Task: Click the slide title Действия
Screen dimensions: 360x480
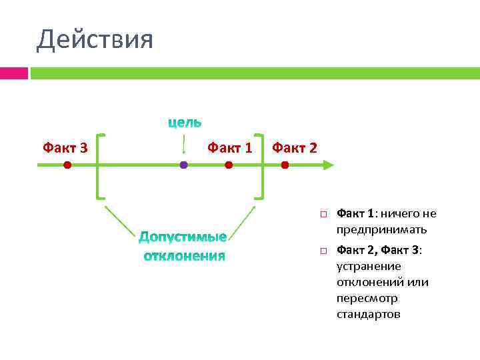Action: click(x=95, y=39)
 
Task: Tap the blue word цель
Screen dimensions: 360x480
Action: click(x=185, y=122)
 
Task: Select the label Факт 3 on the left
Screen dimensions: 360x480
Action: click(x=65, y=147)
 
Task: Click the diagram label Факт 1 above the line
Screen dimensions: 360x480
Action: click(x=230, y=147)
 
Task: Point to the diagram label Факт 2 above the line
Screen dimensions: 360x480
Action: click(x=295, y=147)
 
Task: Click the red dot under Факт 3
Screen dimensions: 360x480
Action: click(x=67, y=165)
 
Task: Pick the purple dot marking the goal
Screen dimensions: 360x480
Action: click(x=183, y=165)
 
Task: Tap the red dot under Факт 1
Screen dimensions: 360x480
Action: click(x=229, y=165)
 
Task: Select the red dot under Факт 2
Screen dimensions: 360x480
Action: click(x=285, y=165)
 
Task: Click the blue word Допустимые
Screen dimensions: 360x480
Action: click(x=183, y=237)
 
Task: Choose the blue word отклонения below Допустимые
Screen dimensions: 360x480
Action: click(x=185, y=256)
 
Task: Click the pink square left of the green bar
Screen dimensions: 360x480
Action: click(x=14, y=73)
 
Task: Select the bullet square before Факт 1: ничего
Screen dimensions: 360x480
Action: click(x=321, y=214)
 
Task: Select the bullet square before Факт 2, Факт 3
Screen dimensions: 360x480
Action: click(x=321, y=250)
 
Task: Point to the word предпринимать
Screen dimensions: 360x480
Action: click(x=382, y=230)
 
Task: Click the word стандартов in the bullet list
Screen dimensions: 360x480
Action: click(x=369, y=314)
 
